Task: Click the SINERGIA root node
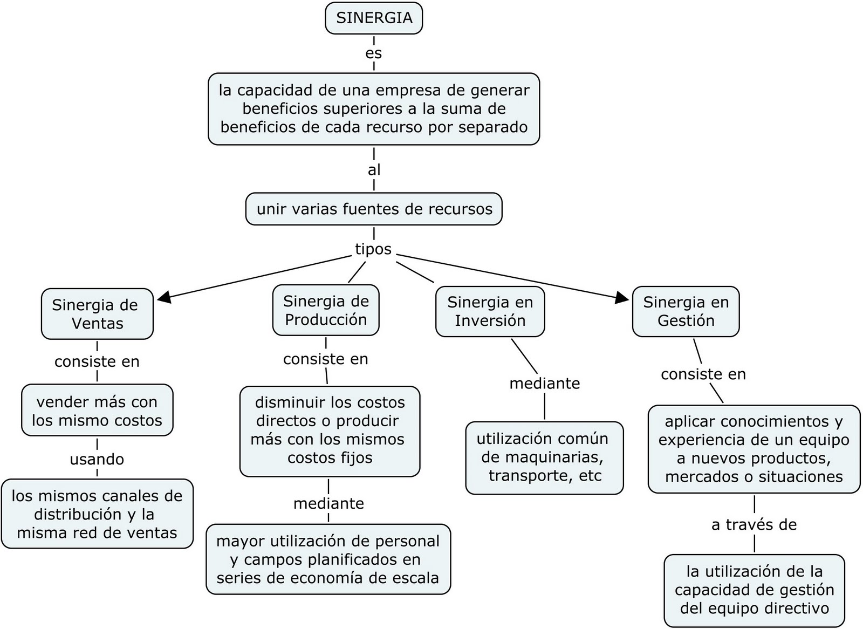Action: tap(374, 18)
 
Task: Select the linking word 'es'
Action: tap(374, 53)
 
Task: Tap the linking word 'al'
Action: tap(374, 170)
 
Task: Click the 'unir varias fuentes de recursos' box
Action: tap(374, 209)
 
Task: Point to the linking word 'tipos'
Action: tap(373, 249)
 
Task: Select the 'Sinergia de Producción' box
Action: tap(326, 310)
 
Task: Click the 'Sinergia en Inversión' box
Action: tap(490, 311)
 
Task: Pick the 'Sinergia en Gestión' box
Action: tap(686, 311)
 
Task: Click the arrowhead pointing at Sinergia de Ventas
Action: tap(163, 296)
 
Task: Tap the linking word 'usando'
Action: tap(97, 459)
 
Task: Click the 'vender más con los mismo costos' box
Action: tap(97, 411)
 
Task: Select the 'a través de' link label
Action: tap(754, 524)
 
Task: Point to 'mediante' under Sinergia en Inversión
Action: tap(545, 384)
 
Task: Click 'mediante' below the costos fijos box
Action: tap(328, 503)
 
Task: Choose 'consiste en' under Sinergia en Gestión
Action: tap(703, 374)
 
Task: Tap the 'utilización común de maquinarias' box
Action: tap(544, 457)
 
